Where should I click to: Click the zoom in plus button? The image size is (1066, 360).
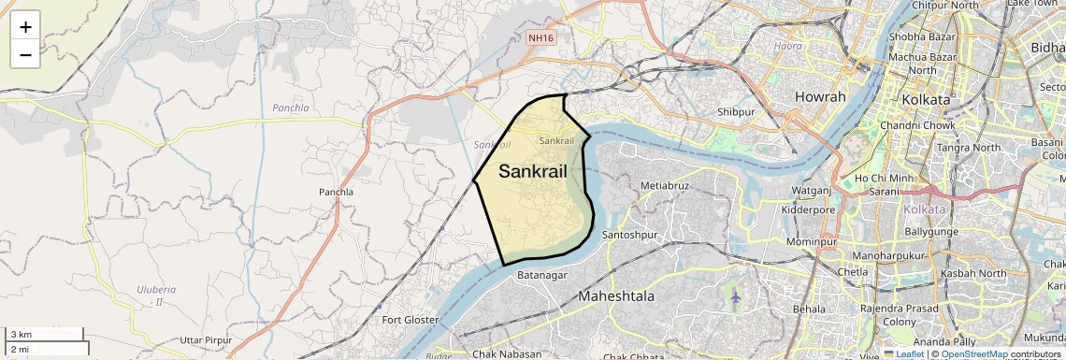(25, 27)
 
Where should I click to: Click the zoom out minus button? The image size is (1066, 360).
(25, 54)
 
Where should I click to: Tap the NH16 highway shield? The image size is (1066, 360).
(540, 38)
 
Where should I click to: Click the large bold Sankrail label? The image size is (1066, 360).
(533, 172)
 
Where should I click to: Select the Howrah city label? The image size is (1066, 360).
(820, 97)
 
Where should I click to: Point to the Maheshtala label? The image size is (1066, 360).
(616, 296)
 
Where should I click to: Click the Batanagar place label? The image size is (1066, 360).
(542, 275)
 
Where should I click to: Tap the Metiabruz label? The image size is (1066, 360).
(665, 185)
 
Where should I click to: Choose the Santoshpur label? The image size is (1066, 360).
(630, 234)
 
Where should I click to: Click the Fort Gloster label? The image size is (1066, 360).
(411, 320)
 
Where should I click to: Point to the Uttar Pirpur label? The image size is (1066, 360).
(205, 338)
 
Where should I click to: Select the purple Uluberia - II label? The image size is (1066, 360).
(150, 295)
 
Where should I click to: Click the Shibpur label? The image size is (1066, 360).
(736, 112)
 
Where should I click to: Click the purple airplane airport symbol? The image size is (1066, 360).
(735, 297)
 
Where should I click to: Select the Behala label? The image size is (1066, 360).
(809, 308)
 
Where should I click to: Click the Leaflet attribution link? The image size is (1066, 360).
(903, 353)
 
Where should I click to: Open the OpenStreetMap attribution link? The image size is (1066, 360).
(973, 353)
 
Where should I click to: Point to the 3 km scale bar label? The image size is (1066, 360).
(20, 335)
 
